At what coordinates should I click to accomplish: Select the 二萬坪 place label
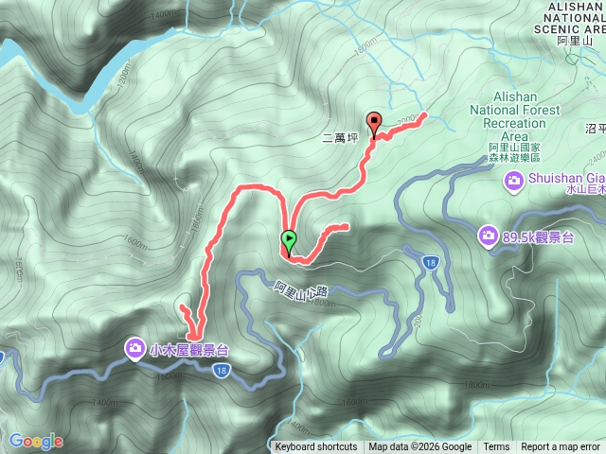pos(341,137)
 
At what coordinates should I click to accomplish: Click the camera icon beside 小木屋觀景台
pos(135,350)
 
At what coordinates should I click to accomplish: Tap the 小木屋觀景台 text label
pos(188,350)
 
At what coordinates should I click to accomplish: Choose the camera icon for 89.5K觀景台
pos(489,235)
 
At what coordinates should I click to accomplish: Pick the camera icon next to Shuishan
pos(514,180)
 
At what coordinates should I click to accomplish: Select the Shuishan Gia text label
pos(567,180)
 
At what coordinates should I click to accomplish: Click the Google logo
pos(36,441)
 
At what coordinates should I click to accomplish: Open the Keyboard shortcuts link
pos(316,447)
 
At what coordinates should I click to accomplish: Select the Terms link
pos(496,447)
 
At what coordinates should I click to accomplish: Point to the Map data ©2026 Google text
pos(420,447)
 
